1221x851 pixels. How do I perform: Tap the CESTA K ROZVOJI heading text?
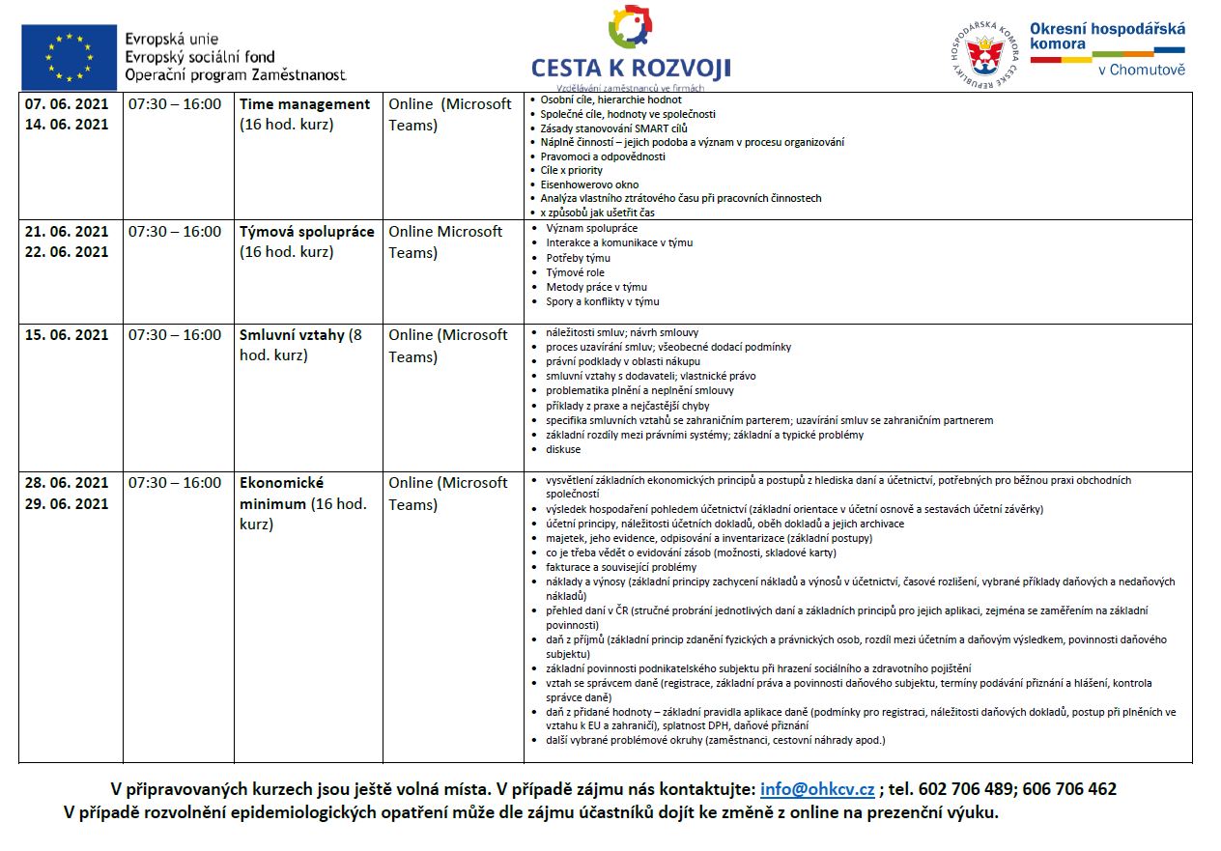click(x=631, y=68)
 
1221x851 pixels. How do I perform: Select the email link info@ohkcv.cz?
click(x=817, y=789)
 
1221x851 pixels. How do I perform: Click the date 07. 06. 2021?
click(x=67, y=103)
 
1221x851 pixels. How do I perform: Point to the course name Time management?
click(x=305, y=104)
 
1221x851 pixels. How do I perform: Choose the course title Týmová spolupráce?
click(x=307, y=232)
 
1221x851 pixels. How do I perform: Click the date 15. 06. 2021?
click(x=67, y=335)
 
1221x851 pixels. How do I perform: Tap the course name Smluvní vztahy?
click(x=292, y=335)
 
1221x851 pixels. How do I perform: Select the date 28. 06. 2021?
click(x=67, y=483)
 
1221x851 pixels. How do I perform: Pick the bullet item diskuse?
click(x=563, y=449)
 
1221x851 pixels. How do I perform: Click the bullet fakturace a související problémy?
click(x=621, y=567)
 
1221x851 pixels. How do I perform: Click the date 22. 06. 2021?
click(x=67, y=252)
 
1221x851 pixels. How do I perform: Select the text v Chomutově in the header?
click(x=1141, y=70)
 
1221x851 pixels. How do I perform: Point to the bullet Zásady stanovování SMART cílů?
click(x=614, y=128)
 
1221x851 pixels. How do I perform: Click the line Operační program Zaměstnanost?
click(x=235, y=74)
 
